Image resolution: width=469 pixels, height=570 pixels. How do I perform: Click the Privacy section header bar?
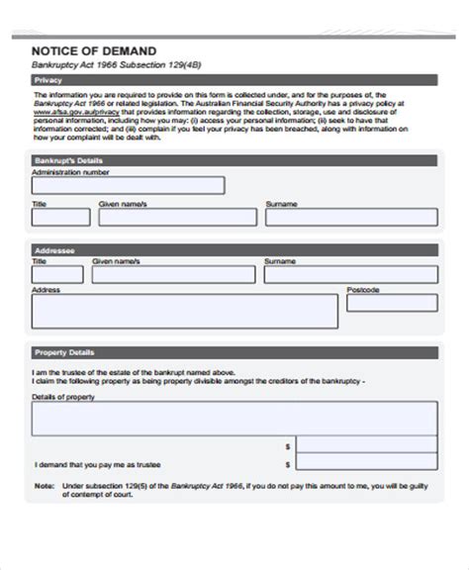tap(234, 80)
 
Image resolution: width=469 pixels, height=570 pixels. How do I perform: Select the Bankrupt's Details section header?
tap(234, 159)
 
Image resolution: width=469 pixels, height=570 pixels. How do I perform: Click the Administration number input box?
tap(128, 185)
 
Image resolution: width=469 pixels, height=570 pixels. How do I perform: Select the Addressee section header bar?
tap(234, 251)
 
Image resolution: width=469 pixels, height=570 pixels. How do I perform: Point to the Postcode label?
tap(362, 291)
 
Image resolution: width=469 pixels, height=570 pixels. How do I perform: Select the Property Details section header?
tap(234, 352)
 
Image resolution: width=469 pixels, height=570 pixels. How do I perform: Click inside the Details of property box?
tap(234, 418)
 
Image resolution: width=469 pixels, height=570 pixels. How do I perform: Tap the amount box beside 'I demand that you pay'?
tap(365, 464)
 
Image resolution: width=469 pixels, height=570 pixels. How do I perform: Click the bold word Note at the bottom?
tap(45, 487)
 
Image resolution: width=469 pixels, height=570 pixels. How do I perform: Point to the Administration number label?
tap(69, 171)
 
